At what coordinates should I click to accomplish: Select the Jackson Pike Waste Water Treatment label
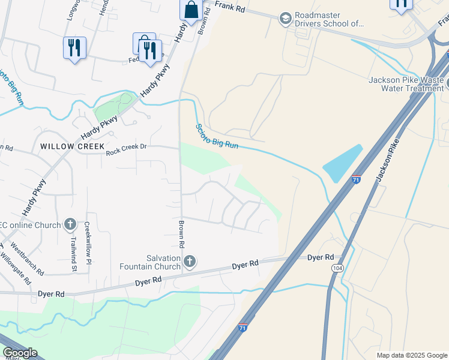tap(406, 84)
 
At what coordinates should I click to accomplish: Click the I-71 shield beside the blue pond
tap(356, 179)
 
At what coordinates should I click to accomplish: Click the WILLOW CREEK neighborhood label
tap(72, 146)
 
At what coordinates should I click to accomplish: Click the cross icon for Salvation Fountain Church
tap(190, 261)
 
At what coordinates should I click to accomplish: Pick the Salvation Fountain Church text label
tap(150, 262)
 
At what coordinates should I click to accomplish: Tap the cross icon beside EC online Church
tap(70, 225)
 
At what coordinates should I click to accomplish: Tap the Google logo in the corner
tap(19, 353)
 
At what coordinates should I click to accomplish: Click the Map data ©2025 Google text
tap(411, 355)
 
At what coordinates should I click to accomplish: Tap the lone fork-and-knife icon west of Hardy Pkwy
tap(74, 47)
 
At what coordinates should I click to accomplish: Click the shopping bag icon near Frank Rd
tap(191, 11)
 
